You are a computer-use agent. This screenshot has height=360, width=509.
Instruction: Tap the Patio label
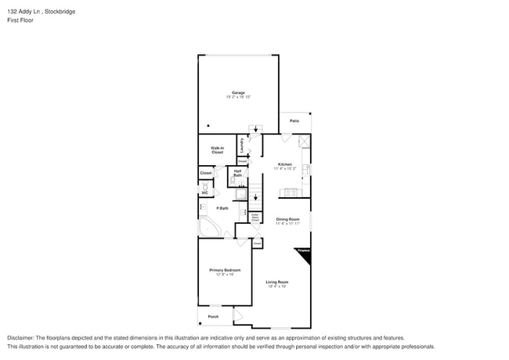[x=294, y=121]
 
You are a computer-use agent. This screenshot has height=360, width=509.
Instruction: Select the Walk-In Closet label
[x=217, y=150]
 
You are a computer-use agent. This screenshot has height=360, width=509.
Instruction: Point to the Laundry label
[x=242, y=145]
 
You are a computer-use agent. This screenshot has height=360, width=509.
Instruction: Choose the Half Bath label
[x=237, y=173]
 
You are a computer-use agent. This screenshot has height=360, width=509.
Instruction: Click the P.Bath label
[x=222, y=208]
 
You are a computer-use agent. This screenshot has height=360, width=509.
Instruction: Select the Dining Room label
[x=287, y=221]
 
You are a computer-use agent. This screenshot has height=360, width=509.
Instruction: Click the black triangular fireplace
[x=304, y=254]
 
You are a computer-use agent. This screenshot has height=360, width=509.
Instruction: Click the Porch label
[x=212, y=317]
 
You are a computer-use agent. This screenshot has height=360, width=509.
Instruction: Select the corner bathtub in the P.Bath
[x=209, y=228]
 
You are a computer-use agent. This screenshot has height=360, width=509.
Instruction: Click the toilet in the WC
[x=206, y=188]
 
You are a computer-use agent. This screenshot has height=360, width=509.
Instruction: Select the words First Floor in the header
[x=20, y=20]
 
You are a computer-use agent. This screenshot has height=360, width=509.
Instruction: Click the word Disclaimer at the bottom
[x=22, y=337]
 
